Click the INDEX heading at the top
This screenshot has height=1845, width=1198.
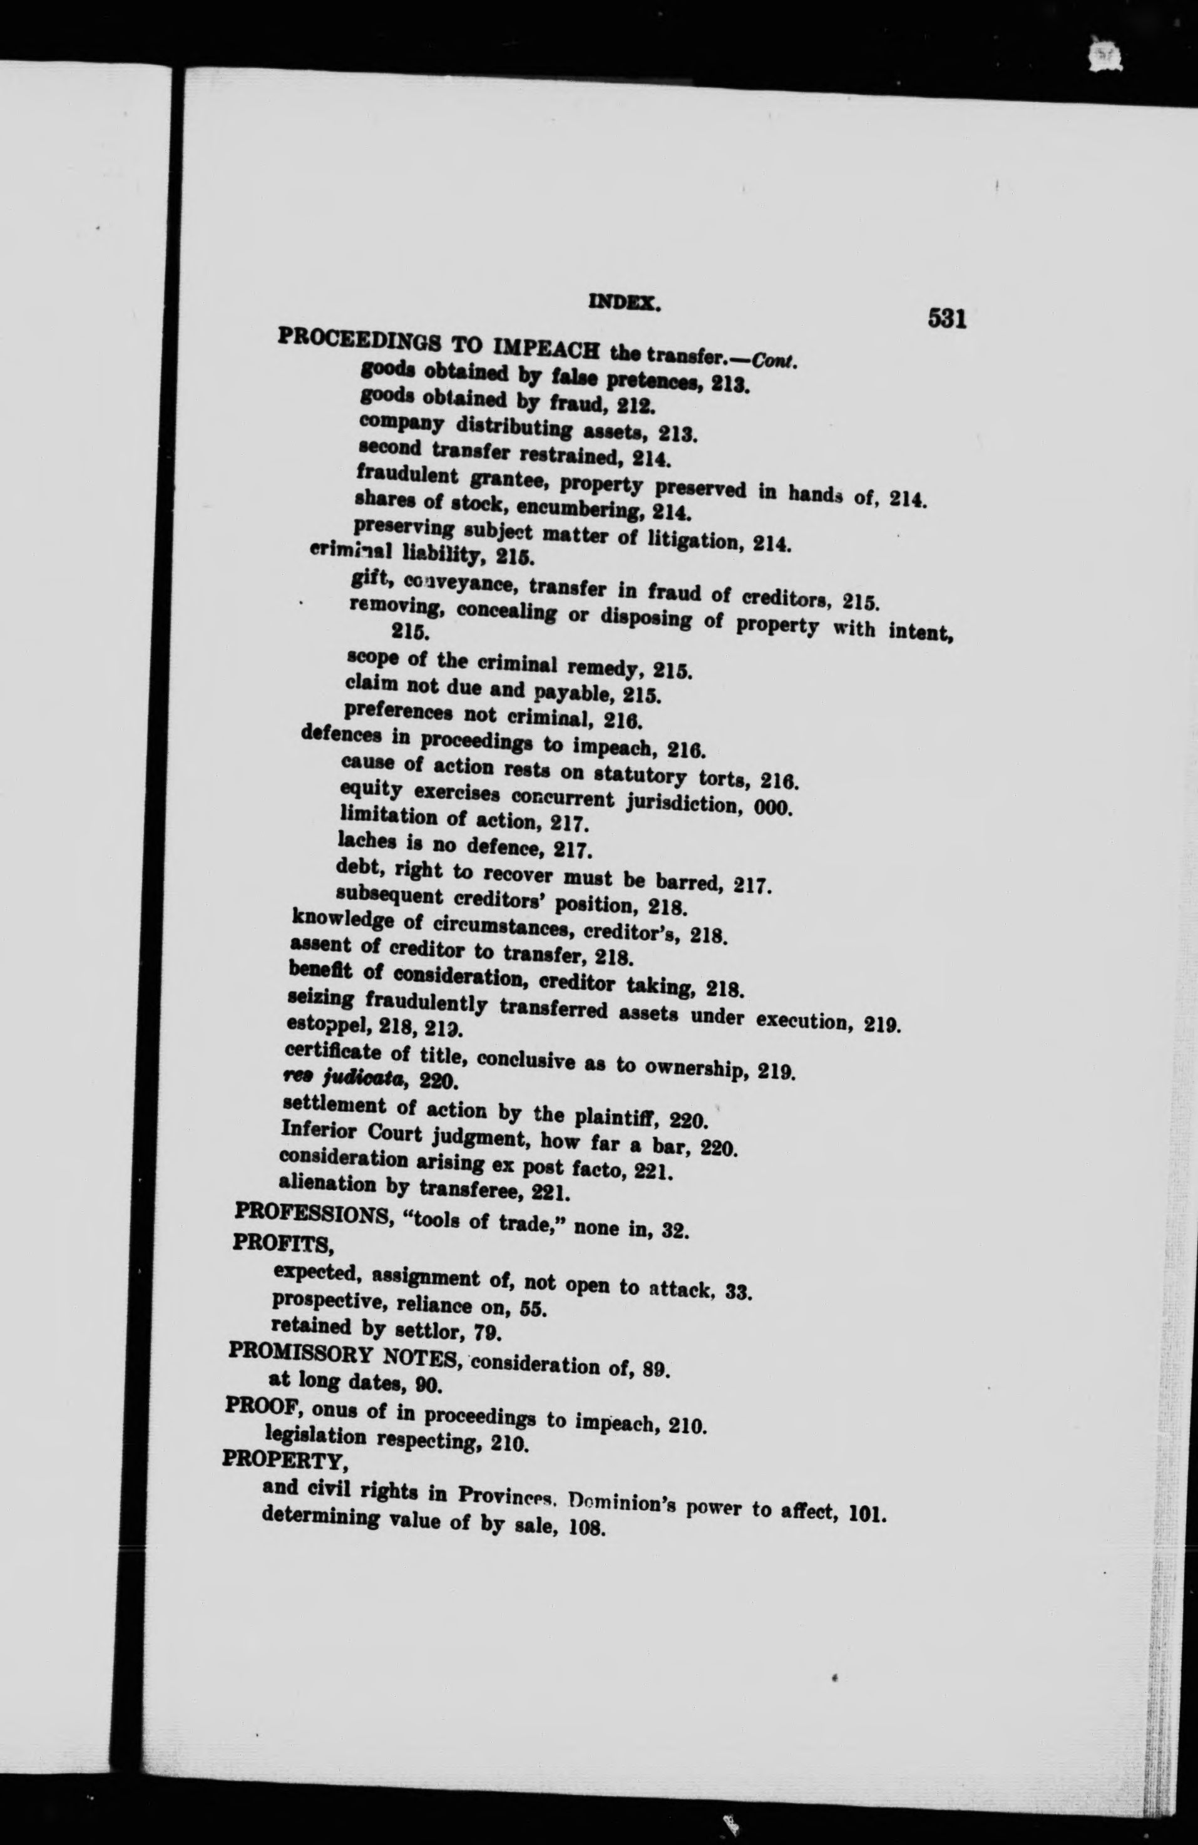click(x=625, y=305)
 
